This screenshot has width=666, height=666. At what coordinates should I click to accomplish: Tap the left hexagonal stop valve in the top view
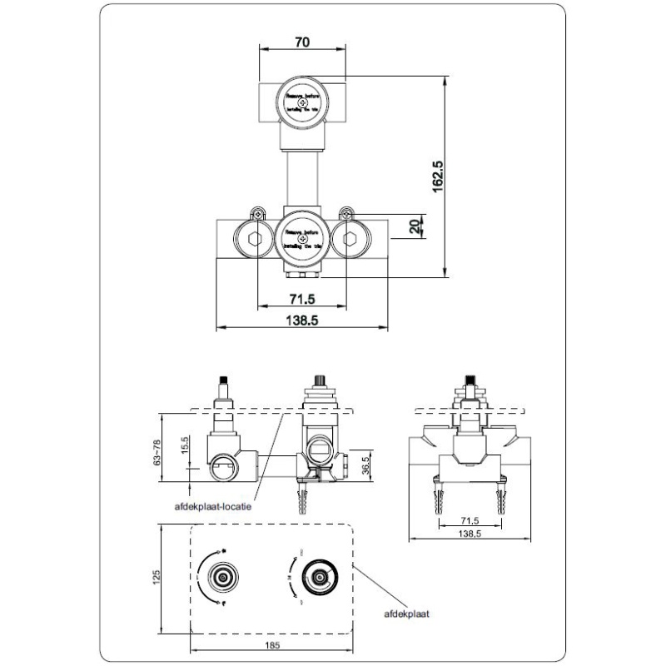point(254,239)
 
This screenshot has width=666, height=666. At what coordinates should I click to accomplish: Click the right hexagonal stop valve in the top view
point(349,239)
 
